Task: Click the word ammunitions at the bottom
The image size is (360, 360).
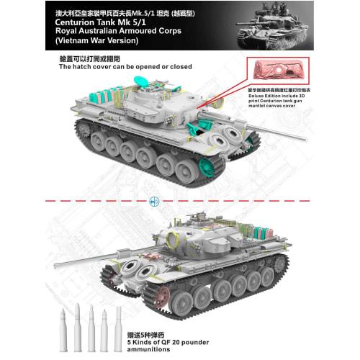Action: click(181, 343)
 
